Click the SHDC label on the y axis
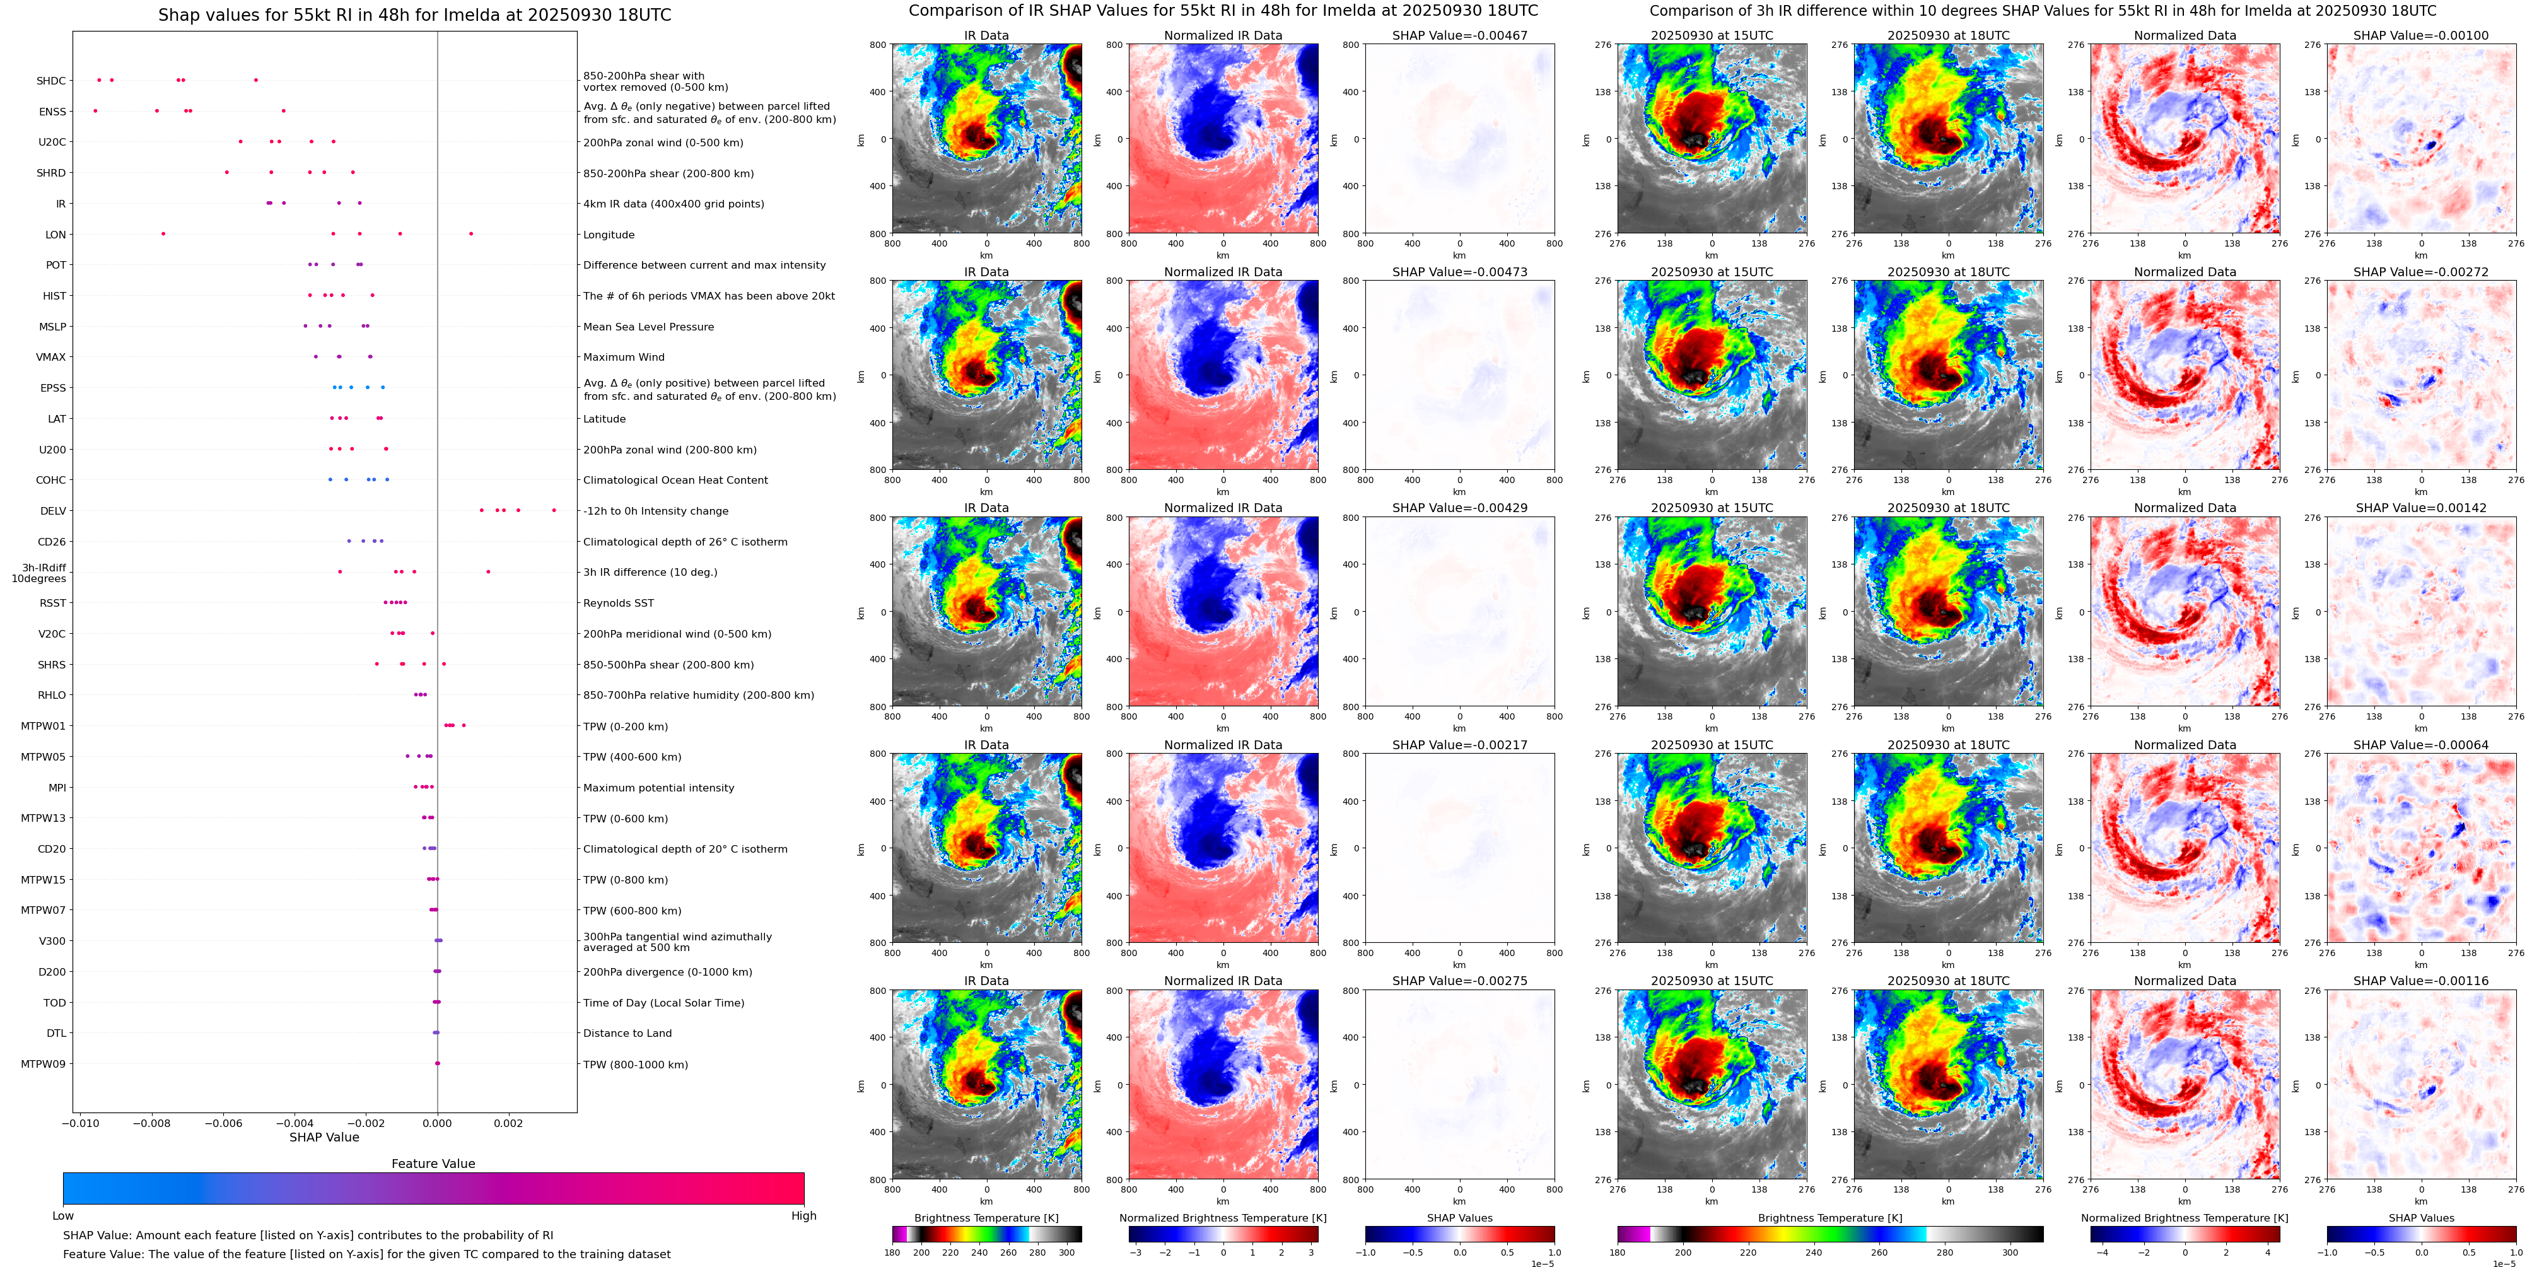51,81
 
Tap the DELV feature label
53,511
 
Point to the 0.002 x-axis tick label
508,1123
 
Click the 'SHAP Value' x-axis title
324,1137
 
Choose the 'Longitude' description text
609,235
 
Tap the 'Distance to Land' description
627,1033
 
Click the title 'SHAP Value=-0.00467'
1460,35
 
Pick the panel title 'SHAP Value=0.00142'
2421,508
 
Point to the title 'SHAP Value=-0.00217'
1460,745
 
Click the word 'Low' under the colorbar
63,1216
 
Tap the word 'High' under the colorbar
804,1216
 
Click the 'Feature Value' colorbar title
433,1164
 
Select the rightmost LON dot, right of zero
471,234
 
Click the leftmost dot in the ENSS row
95,111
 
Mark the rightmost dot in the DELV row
554,510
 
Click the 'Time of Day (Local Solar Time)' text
663,1003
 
